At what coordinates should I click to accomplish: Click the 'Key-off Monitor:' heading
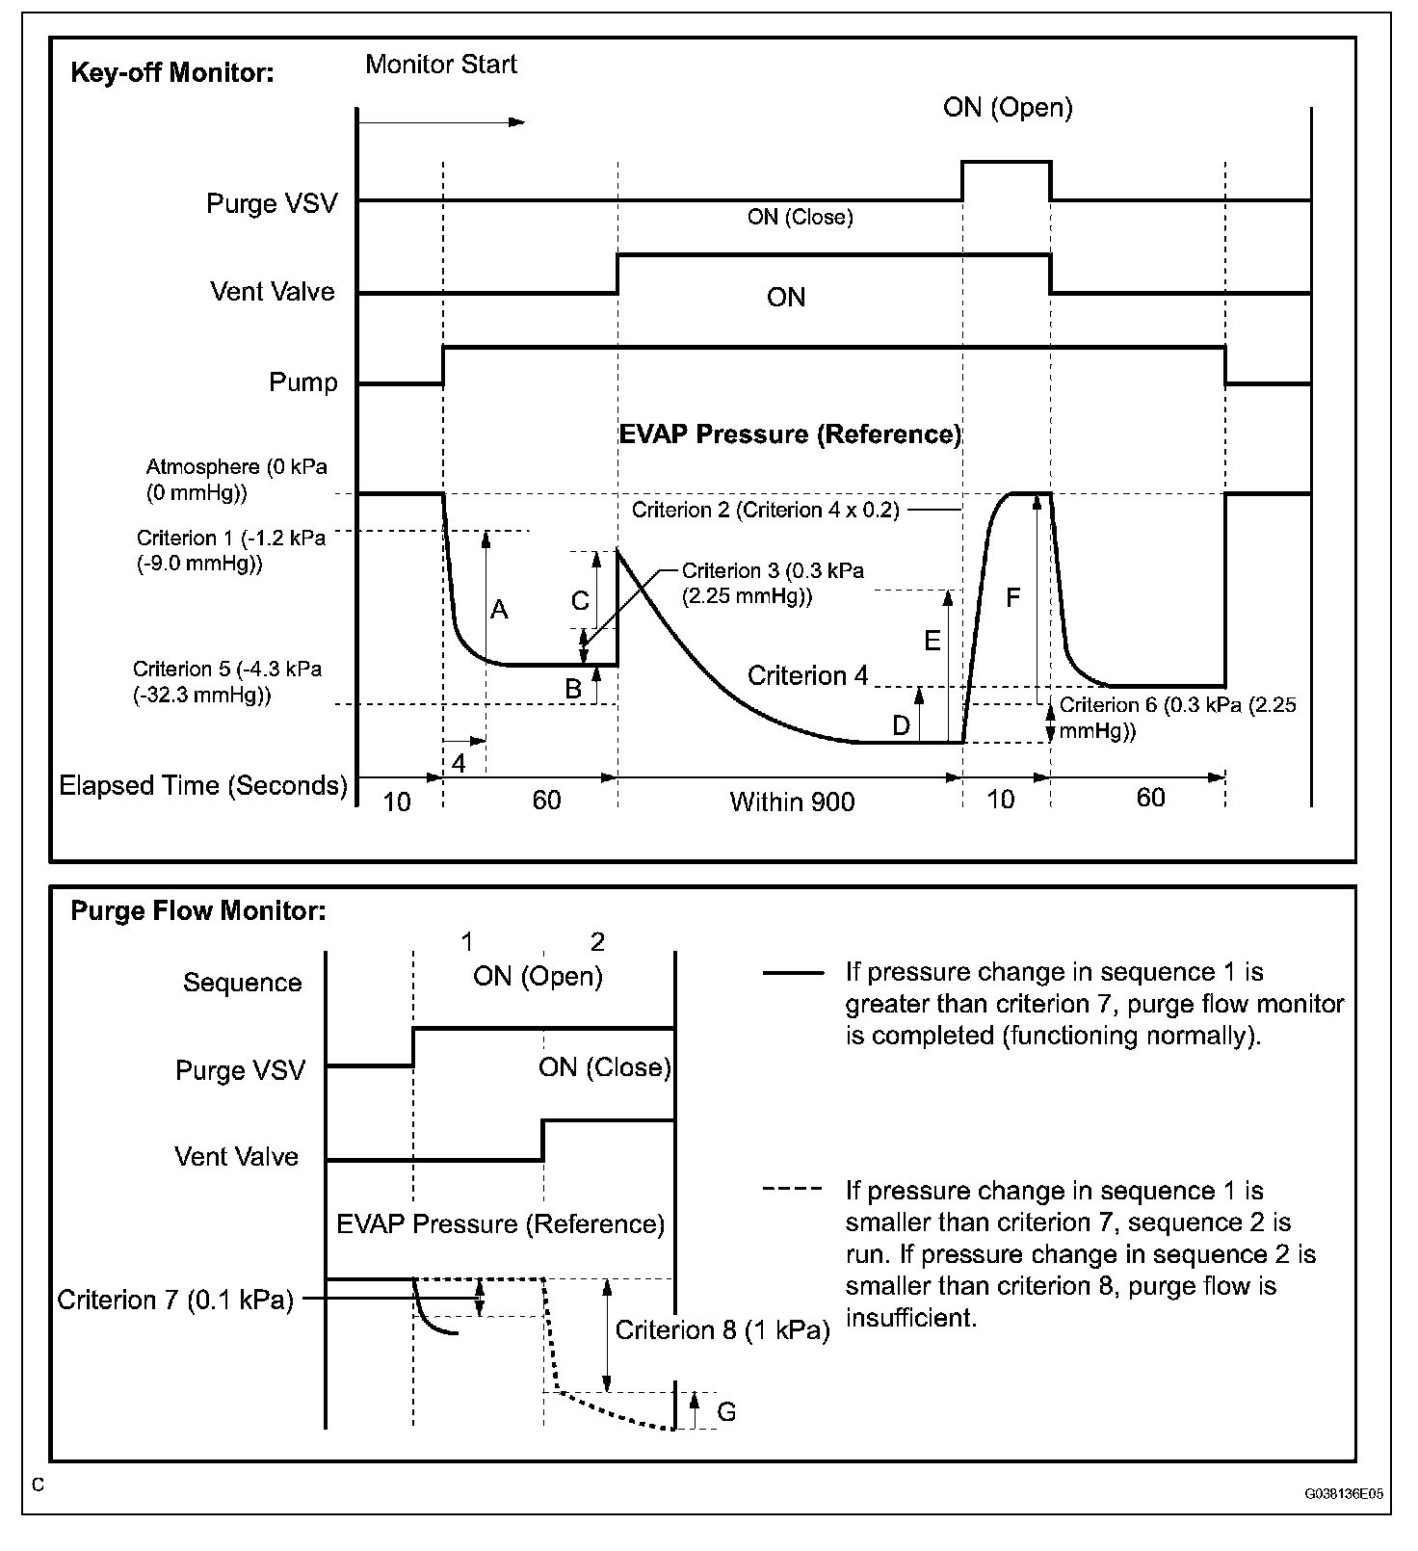tap(172, 73)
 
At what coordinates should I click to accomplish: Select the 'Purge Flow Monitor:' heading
tap(198, 911)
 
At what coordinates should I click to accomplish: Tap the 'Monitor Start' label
tap(441, 65)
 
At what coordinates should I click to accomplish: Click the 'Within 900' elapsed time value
tap(792, 802)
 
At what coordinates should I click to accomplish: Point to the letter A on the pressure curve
tap(499, 609)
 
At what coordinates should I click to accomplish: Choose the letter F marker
tap(1012, 598)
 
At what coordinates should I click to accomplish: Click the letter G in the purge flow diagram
tap(727, 1411)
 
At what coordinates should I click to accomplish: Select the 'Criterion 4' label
tap(807, 675)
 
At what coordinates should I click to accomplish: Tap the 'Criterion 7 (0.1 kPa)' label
tap(175, 1301)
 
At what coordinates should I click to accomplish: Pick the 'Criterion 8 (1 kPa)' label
tap(722, 1330)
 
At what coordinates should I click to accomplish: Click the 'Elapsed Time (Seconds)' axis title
tap(203, 785)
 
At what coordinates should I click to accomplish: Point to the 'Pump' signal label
tap(302, 382)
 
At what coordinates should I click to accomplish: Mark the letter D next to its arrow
tap(901, 725)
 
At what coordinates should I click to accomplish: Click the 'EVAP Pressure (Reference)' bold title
tap(790, 434)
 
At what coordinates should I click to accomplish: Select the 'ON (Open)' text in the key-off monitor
tap(1008, 107)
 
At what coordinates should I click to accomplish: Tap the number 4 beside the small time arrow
tap(459, 764)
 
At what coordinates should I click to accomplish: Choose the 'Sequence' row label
tap(243, 983)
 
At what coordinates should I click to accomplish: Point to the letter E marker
tap(932, 641)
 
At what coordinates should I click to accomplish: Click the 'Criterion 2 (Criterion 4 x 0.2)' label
tap(766, 510)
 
